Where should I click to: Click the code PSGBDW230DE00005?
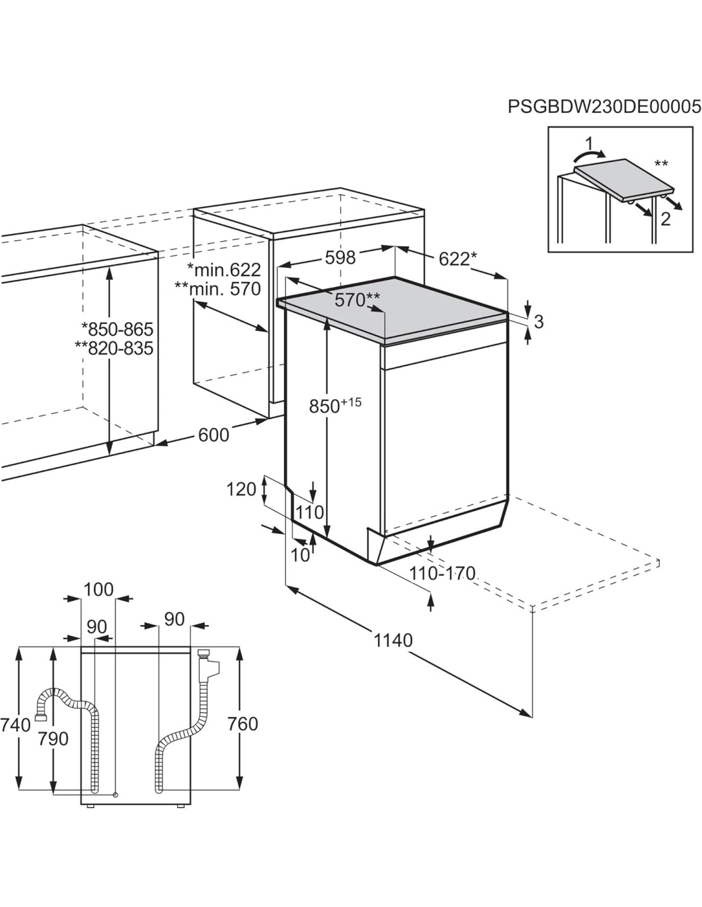click(604, 107)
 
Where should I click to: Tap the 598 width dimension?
click(340, 258)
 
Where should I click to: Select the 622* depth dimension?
click(458, 259)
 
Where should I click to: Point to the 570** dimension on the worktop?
click(357, 300)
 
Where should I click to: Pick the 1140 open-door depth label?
click(393, 640)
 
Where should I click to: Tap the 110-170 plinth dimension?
click(442, 573)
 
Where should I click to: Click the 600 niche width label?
click(213, 435)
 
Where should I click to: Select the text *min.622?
click(223, 270)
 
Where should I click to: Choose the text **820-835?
click(114, 348)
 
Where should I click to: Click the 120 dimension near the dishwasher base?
click(241, 489)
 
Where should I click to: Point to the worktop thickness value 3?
click(539, 321)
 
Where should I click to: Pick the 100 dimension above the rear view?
click(98, 589)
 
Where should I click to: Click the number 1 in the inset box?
click(589, 144)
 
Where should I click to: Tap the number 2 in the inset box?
click(666, 219)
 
